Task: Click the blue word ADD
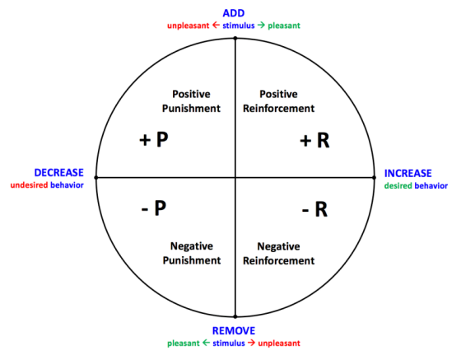click(x=235, y=12)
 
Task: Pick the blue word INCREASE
click(x=408, y=173)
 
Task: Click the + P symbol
click(x=154, y=140)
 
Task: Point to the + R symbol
click(x=314, y=141)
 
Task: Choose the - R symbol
click(x=314, y=210)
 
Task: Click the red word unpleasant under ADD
click(x=191, y=26)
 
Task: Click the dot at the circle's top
click(x=236, y=37)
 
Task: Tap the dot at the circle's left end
click(x=96, y=177)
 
